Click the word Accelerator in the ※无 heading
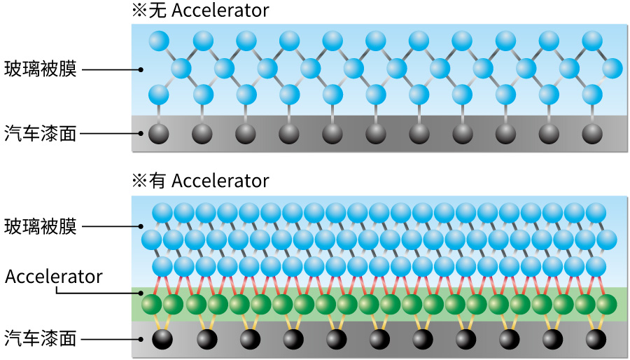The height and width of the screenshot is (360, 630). click(x=220, y=11)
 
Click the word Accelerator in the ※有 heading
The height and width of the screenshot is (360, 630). click(x=220, y=181)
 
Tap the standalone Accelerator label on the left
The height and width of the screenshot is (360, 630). click(x=54, y=276)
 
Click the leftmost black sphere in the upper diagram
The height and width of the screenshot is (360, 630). click(x=160, y=133)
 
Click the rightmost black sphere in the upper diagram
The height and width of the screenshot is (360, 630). click(x=592, y=133)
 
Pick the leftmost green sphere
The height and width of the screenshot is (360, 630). click(x=152, y=305)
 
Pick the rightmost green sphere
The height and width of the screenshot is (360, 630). click(x=606, y=305)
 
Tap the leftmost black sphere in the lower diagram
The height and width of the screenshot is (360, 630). click(x=163, y=339)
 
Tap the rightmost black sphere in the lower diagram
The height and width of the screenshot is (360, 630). click(x=596, y=339)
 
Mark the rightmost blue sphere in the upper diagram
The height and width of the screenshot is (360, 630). click(x=612, y=69)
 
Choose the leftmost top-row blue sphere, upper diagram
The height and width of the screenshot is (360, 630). click(x=160, y=41)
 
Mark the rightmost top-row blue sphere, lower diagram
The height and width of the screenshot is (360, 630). click(x=596, y=212)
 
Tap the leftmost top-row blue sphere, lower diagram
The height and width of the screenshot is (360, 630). click(x=162, y=212)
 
